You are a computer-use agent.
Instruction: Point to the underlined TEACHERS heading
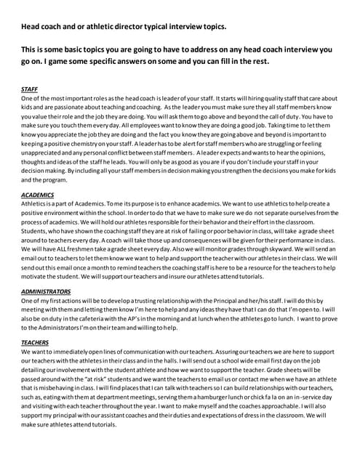tap(35, 342)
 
